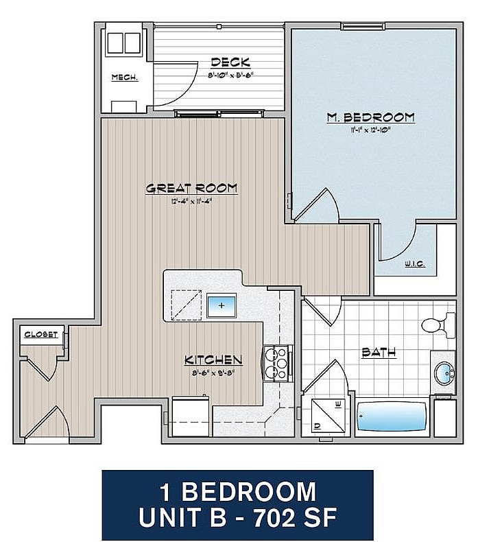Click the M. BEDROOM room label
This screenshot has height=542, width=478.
click(x=370, y=117)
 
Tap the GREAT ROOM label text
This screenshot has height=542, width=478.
click(x=191, y=188)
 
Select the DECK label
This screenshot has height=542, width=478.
click(x=230, y=62)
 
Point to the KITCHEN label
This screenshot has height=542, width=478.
click(x=213, y=360)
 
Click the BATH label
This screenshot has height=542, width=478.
click(x=379, y=353)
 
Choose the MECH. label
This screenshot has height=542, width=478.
click(x=124, y=78)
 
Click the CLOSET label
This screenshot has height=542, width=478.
click(x=40, y=335)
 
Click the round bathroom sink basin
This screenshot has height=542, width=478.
click(x=444, y=374)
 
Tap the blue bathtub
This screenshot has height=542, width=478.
click(x=391, y=416)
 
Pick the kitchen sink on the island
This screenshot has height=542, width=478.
click(x=221, y=304)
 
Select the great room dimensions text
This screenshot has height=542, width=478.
click(x=191, y=201)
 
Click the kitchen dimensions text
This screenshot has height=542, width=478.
click(x=213, y=373)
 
